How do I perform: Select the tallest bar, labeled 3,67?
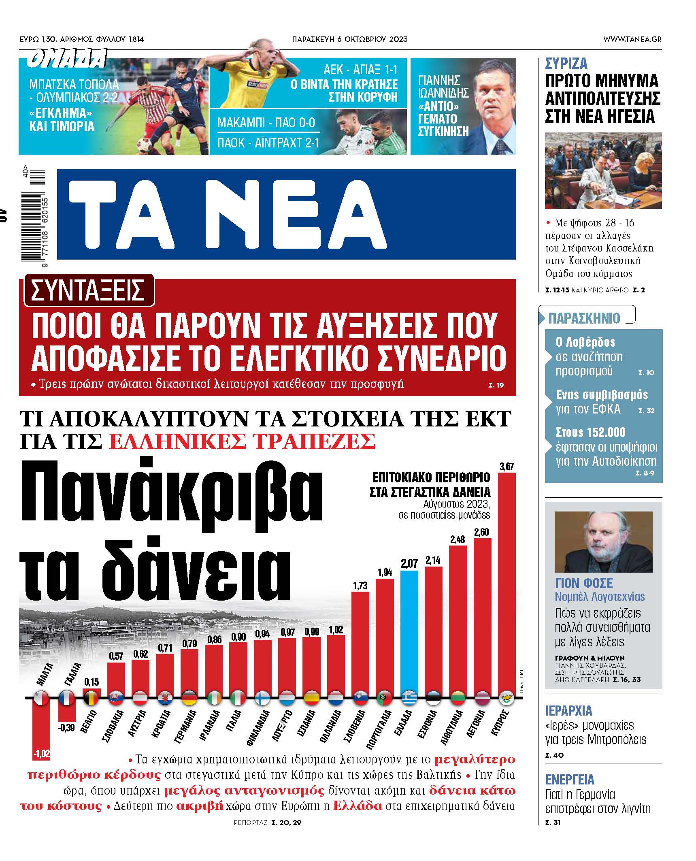(507, 583)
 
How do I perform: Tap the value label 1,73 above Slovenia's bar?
(360, 585)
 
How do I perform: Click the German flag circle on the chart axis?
(189, 698)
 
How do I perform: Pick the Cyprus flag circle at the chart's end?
(506, 698)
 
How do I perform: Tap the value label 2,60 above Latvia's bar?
(481, 532)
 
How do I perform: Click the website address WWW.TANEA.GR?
(632, 39)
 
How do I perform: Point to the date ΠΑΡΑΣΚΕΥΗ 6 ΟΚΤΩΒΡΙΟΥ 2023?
(349, 39)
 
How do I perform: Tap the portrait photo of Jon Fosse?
(603, 541)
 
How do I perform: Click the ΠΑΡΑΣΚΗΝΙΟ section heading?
(584, 318)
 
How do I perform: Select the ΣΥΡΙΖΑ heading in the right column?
(566, 64)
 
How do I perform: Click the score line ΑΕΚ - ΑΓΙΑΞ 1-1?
(360, 70)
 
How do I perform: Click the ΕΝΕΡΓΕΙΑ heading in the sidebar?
(570, 779)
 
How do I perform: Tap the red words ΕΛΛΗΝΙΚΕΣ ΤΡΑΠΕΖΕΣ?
(242, 441)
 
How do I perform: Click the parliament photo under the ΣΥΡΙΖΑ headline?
(603, 170)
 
